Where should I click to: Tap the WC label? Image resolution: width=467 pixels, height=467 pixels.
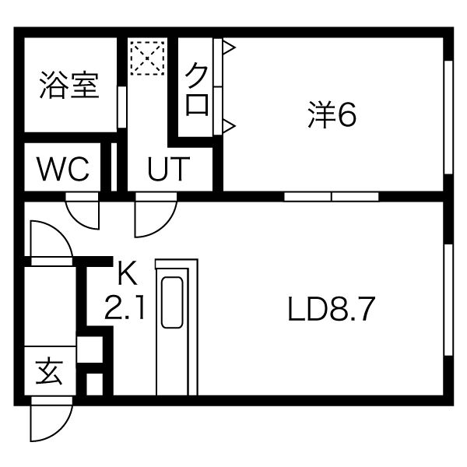click(64, 168)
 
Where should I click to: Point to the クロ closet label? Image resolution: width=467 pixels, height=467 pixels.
click(197, 90)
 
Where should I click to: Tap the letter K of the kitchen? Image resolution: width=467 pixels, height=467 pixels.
click(127, 273)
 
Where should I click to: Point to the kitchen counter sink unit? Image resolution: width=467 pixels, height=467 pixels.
click(177, 327)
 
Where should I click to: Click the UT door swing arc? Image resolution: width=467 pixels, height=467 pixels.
click(154, 218)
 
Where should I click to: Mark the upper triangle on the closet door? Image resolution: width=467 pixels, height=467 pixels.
click(228, 49)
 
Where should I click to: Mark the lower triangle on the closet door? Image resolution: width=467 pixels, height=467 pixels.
click(228, 124)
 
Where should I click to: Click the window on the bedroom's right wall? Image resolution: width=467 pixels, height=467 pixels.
click(448, 117)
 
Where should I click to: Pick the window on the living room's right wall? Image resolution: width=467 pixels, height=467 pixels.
click(448, 300)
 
